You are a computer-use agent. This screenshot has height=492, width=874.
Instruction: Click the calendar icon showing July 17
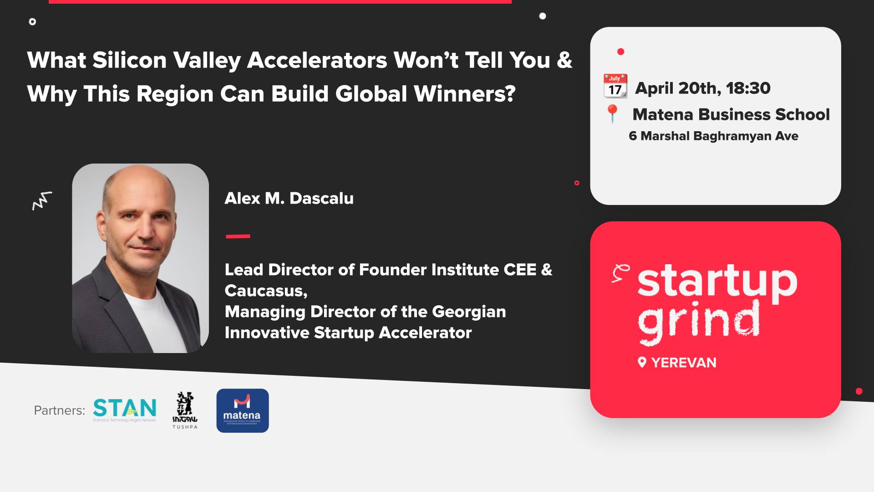tap(615, 86)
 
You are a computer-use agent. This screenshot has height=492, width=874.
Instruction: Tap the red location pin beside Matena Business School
tap(613, 113)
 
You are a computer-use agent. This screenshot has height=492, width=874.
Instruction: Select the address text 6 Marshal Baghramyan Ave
tap(713, 136)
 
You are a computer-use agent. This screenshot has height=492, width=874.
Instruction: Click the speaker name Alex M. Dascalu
tap(289, 198)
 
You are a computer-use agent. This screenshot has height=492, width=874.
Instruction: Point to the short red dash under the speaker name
tap(238, 236)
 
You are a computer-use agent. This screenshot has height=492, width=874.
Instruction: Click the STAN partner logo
tap(124, 409)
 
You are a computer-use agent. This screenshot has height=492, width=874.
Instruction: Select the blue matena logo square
tap(242, 410)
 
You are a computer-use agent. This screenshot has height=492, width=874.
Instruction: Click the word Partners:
tap(60, 410)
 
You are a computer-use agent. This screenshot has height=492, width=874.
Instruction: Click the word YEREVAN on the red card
tap(684, 363)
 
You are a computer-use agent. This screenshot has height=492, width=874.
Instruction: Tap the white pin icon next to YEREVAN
tap(642, 363)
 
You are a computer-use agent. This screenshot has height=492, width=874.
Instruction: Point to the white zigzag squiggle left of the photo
tap(42, 200)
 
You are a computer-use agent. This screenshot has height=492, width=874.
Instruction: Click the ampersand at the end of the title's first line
tap(564, 60)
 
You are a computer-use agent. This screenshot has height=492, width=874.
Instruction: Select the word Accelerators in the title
tap(317, 60)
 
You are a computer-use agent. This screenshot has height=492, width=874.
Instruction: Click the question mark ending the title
tap(510, 93)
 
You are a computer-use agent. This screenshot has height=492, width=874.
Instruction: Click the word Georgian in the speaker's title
tap(469, 312)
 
